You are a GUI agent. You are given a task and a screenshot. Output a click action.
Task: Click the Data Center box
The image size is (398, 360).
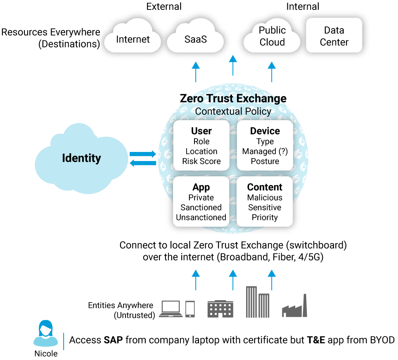point(334,36)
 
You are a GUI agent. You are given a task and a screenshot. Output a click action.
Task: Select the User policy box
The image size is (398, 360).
point(201,146)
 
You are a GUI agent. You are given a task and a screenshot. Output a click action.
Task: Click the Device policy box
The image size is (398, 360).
point(265,146)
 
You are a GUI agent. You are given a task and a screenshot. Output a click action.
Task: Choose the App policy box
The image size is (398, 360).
point(201,202)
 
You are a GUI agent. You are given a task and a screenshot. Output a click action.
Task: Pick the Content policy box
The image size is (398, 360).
point(265,202)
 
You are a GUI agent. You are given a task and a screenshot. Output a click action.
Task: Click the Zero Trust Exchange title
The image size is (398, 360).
point(233,98)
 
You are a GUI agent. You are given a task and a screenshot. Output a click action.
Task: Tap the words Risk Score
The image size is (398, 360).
point(201,161)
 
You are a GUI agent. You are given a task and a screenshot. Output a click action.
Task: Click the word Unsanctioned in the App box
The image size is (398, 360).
point(201,218)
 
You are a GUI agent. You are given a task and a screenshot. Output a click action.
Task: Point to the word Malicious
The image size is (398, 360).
point(265,198)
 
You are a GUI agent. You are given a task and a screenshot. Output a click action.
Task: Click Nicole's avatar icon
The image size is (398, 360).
point(45,335)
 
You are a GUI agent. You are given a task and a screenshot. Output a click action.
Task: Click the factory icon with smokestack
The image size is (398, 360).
point(295,307)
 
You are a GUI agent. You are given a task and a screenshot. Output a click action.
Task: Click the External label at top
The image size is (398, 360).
point(164,6)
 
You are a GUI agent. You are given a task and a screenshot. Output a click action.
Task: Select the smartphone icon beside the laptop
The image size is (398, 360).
point(190,309)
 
